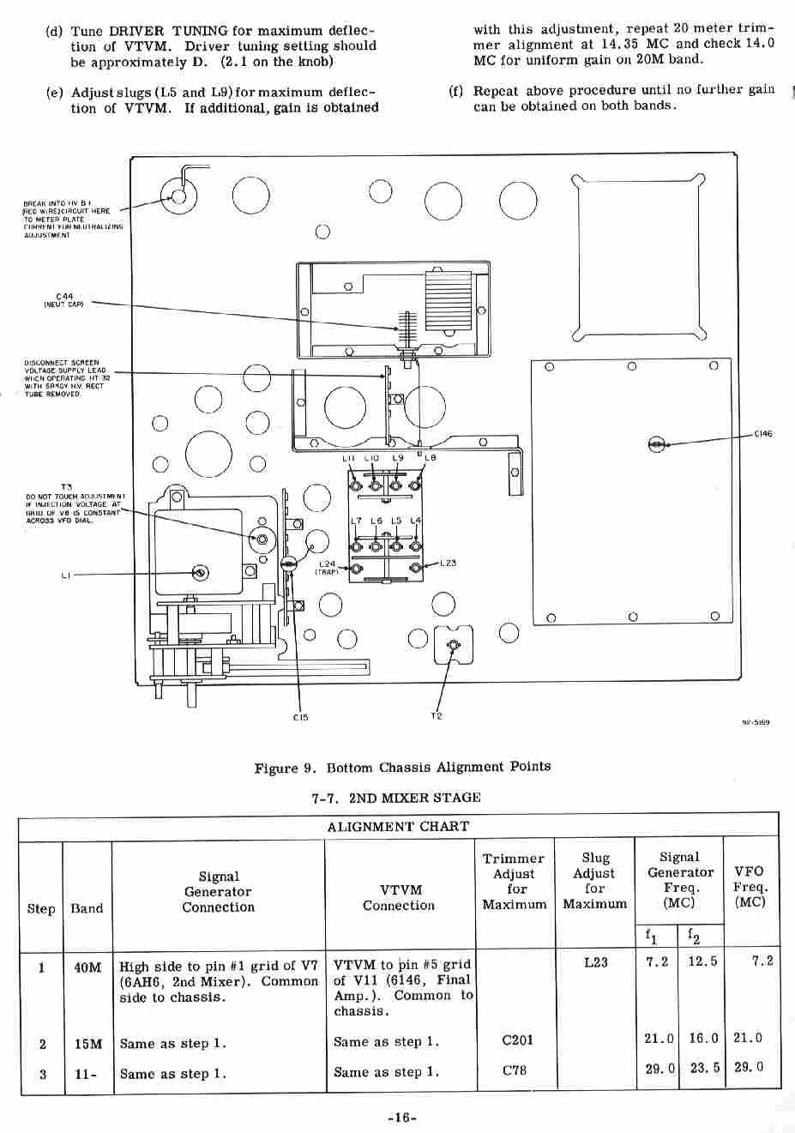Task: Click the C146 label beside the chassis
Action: [x=762, y=434]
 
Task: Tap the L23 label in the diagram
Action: [x=448, y=563]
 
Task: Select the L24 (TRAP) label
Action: [x=328, y=568]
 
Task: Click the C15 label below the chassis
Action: [x=300, y=717]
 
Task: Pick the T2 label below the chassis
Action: [x=437, y=715]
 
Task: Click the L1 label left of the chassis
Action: [x=65, y=576]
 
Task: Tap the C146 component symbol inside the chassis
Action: [x=656, y=443]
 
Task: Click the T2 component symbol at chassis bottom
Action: [x=454, y=646]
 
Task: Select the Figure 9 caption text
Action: [x=402, y=768]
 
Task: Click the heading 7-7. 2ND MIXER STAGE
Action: [x=396, y=798]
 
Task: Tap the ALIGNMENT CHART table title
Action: [x=398, y=827]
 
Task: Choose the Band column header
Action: [x=87, y=908]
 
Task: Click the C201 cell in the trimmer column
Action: [x=516, y=1040]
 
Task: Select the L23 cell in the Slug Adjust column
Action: [x=595, y=962]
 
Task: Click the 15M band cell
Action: [x=87, y=1044]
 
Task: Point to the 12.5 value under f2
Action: [x=702, y=961]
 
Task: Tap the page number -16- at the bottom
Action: [x=401, y=1118]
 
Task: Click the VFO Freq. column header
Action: [x=750, y=887]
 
